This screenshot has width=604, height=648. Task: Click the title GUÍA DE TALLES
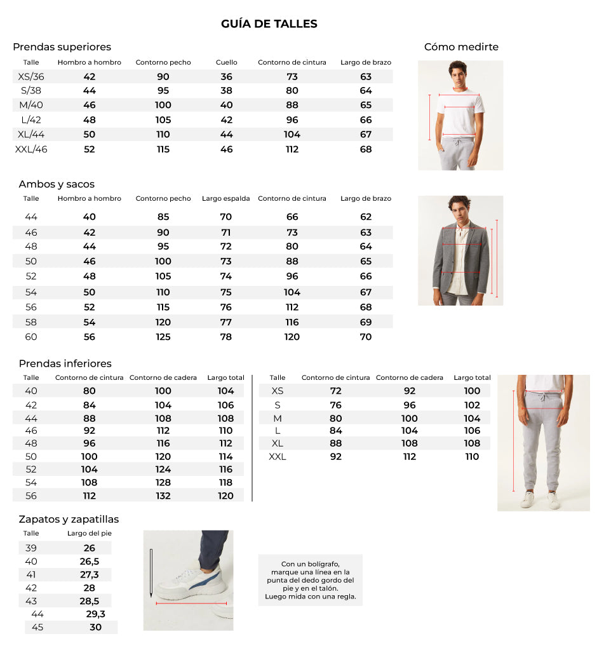point(269,24)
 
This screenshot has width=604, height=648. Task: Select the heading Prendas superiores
point(62,47)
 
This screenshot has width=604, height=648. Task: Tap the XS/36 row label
point(31,77)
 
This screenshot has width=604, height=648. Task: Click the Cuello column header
point(226,62)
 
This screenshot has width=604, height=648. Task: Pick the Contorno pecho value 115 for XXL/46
point(163,149)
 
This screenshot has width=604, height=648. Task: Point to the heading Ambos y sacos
point(57,184)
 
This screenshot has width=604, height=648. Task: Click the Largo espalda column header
point(225,199)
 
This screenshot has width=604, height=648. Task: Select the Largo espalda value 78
point(226,337)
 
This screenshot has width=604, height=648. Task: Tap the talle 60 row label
point(31,337)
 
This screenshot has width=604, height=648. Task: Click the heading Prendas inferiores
point(65,363)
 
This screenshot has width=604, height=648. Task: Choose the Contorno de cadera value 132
point(163,496)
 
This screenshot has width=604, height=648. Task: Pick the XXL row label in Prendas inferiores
point(278,457)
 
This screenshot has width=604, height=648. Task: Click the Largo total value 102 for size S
point(472,405)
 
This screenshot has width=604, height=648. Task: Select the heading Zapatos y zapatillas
point(69,520)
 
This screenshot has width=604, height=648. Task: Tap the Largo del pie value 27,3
point(90,574)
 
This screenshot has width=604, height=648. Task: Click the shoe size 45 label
point(37,627)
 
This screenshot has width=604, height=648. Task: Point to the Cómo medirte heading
point(461,47)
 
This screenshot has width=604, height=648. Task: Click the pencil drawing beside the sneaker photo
point(151,572)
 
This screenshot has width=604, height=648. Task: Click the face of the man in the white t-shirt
point(458,72)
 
